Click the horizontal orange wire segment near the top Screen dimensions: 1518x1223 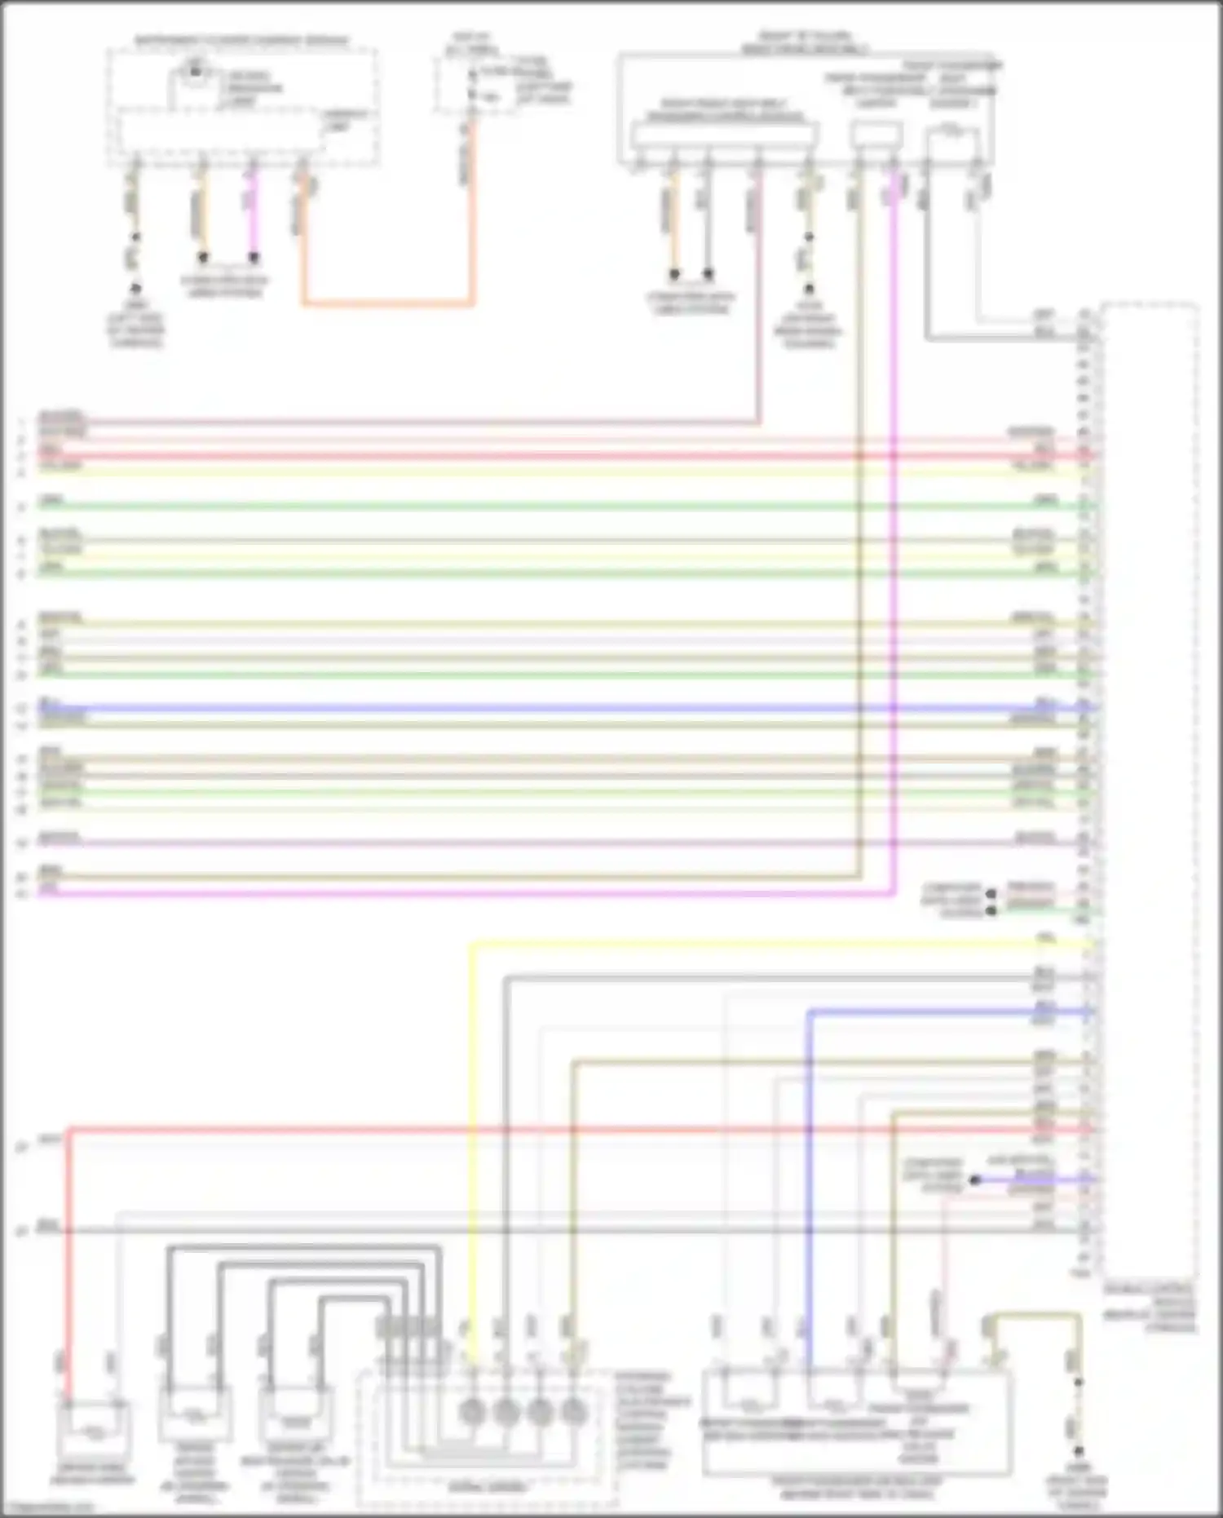(x=387, y=305)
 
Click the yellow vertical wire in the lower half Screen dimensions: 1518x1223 (x=471, y=1142)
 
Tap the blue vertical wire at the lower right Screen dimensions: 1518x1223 (x=809, y=1183)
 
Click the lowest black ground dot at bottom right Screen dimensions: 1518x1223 (x=1078, y=1451)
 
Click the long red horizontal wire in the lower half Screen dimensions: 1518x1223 (x=571, y=1131)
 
